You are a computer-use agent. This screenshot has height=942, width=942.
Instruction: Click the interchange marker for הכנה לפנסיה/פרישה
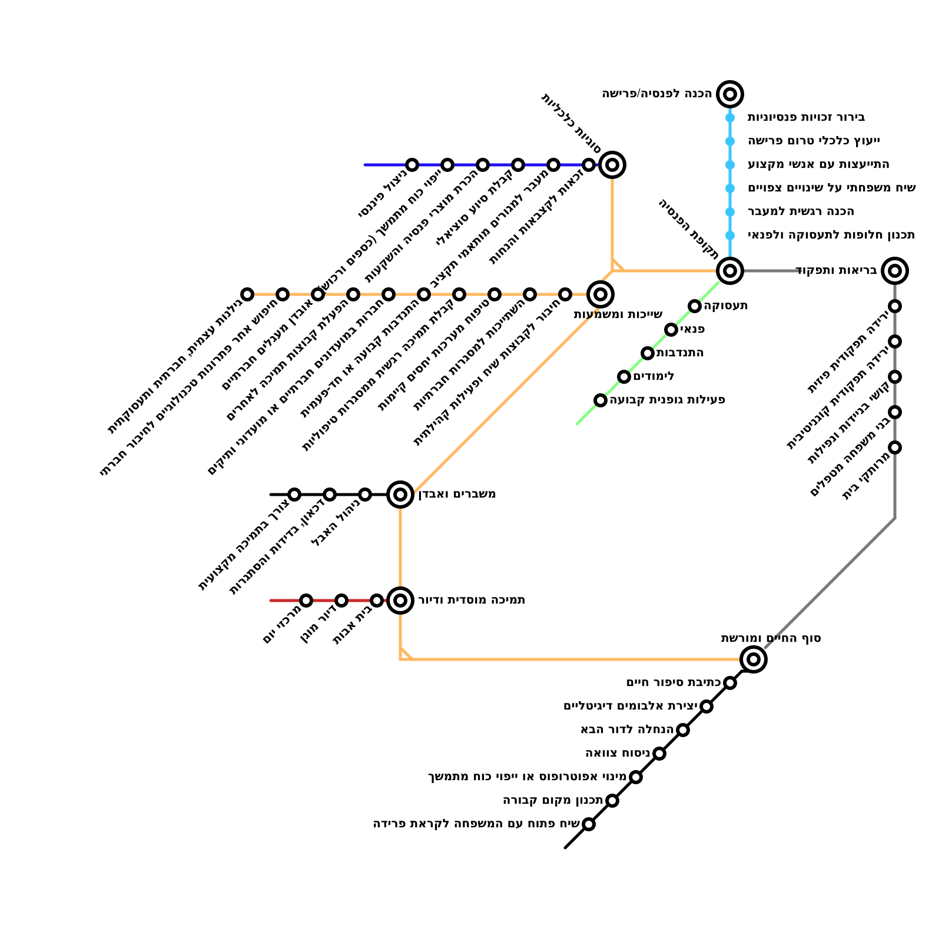(x=730, y=94)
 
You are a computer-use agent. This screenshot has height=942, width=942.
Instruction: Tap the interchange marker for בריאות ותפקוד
(x=895, y=271)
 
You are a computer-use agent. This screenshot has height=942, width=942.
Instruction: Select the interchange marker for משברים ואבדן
(x=400, y=495)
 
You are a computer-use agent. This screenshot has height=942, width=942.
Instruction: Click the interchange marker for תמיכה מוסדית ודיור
(x=400, y=601)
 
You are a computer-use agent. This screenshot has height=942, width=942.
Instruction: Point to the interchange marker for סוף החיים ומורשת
(x=754, y=659)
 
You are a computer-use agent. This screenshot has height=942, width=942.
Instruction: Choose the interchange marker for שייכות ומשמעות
(x=601, y=294)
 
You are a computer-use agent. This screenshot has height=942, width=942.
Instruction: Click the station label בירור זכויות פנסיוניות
(x=806, y=118)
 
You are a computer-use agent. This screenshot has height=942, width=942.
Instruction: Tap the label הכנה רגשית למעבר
(x=801, y=212)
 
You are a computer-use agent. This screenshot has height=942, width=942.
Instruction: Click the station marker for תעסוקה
(x=695, y=306)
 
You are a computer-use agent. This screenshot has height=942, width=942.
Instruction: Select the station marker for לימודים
(x=624, y=377)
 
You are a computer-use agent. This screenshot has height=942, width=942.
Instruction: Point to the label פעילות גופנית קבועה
(x=667, y=400)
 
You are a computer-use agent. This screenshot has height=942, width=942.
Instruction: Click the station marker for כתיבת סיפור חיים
(x=730, y=683)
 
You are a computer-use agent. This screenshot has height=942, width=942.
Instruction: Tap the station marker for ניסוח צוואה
(x=659, y=754)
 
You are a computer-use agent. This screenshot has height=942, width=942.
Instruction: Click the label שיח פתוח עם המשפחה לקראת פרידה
(x=476, y=824)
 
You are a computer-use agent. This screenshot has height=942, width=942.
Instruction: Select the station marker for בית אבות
(x=377, y=601)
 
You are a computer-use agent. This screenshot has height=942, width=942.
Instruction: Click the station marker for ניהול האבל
(x=365, y=495)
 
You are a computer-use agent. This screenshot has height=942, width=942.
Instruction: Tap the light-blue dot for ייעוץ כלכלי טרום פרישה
(x=730, y=141)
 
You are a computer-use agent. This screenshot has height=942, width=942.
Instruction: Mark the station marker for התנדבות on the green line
(x=648, y=353)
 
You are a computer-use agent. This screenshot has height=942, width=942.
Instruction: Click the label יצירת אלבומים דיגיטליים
(x=630, y=706)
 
